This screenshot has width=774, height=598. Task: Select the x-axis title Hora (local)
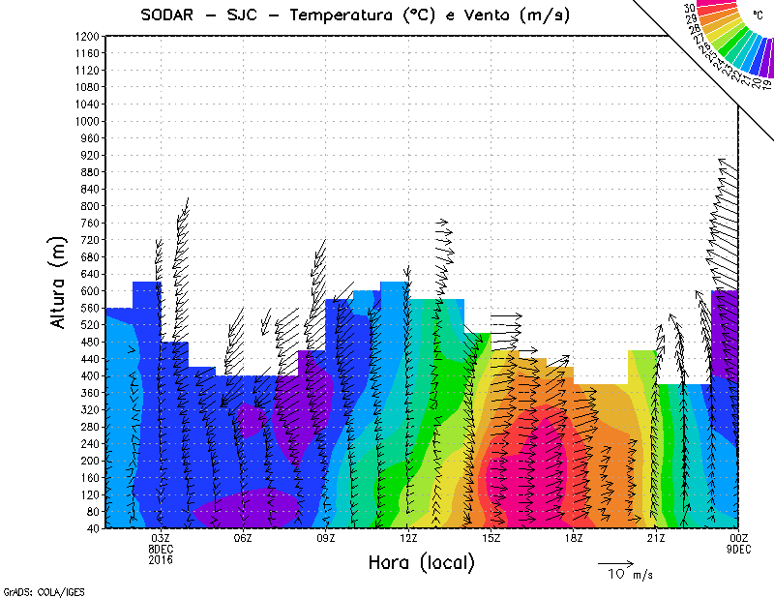[x=421, y=562]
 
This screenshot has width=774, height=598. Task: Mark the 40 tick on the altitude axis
[x=93, y=528]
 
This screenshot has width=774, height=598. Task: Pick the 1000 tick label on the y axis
[x=87, y=121]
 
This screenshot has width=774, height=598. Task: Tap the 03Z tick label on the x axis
[x=161, y=538]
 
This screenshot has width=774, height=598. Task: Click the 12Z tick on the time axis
[x=408, y=538]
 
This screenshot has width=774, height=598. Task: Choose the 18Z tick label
[x=574, y=538]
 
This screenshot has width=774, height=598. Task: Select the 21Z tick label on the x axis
[x=656, y=538]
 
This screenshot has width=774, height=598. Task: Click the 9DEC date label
[x=739, y=548]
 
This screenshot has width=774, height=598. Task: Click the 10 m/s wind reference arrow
[x=614, y=562]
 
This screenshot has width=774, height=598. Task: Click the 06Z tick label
[x=243, y=538]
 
